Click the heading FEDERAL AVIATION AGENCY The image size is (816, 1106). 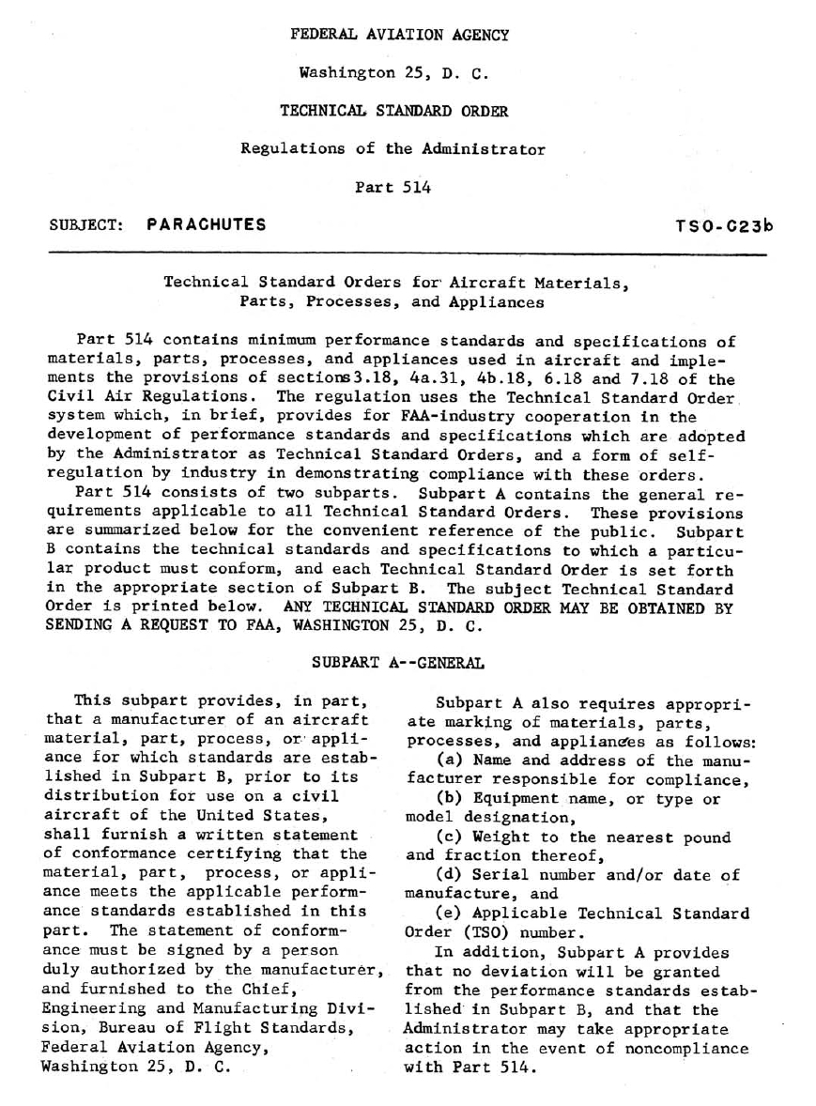tap(400, 35)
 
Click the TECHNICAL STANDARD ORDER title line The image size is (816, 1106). tap(394, 110)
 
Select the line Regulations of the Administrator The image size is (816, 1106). tap(393, 148)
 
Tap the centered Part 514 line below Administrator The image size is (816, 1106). tap(393, 187)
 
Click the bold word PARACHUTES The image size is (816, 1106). tap(207, 224)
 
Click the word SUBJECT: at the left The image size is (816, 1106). tap(86, 225)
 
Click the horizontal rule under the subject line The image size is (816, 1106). tap(408, 252)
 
